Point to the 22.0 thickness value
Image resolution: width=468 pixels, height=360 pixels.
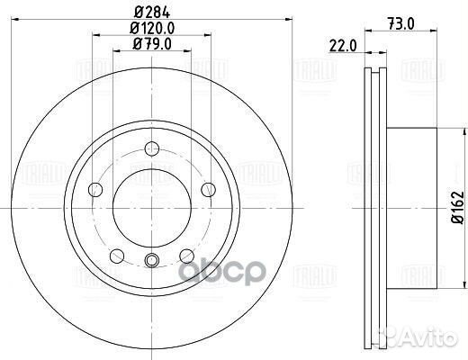point(340,43)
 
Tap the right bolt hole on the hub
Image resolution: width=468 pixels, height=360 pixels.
point(208,189)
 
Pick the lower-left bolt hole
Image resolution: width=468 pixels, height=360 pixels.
point(114,256)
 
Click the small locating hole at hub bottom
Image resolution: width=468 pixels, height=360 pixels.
point(151,261)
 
